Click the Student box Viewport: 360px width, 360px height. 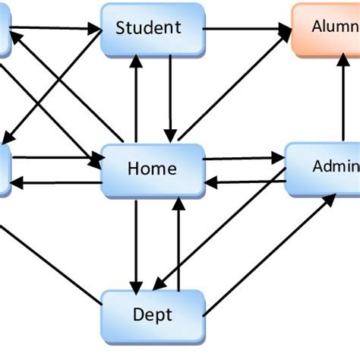[x=152, y=29]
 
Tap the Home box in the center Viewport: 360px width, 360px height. [x=153, y=169]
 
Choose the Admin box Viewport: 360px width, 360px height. [x=323, y=167]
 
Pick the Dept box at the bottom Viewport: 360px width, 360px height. [x=153, y=314]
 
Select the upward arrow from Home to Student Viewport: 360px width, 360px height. [x=136, y=99]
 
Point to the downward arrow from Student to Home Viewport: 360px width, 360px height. [x=170, y=99]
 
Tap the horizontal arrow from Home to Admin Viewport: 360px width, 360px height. [x=243, y=159]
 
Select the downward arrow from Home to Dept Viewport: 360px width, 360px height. [x=136, y=243]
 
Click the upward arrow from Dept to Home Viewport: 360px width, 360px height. [x=178, y=243]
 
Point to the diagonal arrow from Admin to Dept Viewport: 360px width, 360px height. [x=220, y=228]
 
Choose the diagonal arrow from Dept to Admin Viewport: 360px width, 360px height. [x=270, y=254]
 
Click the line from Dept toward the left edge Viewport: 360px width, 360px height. [x=53, y=266]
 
